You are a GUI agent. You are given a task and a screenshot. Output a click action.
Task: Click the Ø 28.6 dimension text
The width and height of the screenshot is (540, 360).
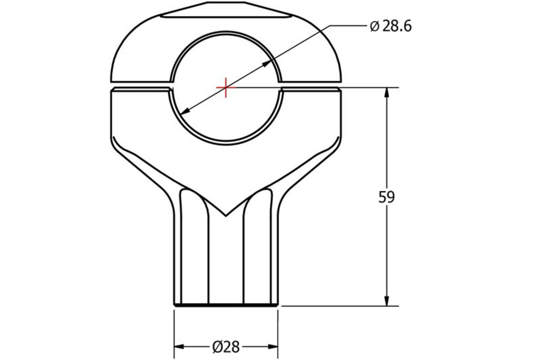coord(390,27)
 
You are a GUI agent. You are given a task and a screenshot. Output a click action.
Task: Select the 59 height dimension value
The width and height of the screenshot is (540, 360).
coord(386,198)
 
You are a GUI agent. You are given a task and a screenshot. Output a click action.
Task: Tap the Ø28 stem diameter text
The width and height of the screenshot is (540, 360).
coord(226,346)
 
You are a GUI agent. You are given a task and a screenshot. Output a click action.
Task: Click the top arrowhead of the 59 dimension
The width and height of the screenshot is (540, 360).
coord(386,92)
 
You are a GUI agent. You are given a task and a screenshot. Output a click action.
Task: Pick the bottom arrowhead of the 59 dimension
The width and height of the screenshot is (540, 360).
coord(386,301)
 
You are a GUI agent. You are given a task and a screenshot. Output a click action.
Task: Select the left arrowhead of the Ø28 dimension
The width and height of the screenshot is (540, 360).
coord(180,346)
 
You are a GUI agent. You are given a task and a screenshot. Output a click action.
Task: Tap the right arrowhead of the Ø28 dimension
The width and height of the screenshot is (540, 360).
coord(272,346)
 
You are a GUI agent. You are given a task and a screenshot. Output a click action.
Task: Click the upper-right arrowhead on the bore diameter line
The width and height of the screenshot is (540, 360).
coord(269,63)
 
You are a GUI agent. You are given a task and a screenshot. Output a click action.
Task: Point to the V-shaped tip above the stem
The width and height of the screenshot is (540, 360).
coord(226,215)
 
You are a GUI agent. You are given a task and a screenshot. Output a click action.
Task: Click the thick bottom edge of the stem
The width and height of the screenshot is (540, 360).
coord(226,305)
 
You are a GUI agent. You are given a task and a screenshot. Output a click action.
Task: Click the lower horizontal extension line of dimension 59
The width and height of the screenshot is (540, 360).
coord(337,306)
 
